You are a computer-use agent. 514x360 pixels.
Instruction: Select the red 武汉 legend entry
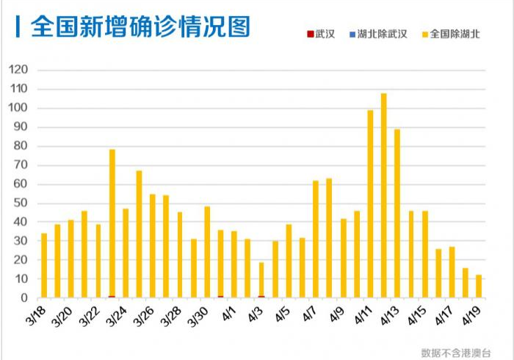[320, 34]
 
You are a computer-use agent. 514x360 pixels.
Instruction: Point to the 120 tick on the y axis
[18, 70]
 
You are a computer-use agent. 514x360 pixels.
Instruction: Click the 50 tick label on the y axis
[21, 203]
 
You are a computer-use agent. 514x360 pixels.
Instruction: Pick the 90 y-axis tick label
[21, 127]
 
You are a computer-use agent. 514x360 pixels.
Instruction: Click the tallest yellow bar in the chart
[383, 195]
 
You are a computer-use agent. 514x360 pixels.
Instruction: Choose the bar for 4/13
[397, 213]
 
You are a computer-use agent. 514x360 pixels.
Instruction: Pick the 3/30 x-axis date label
[197, 317]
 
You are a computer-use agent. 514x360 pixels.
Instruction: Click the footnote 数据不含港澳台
[456, 352]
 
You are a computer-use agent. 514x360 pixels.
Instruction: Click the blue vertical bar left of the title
[17, 26]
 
